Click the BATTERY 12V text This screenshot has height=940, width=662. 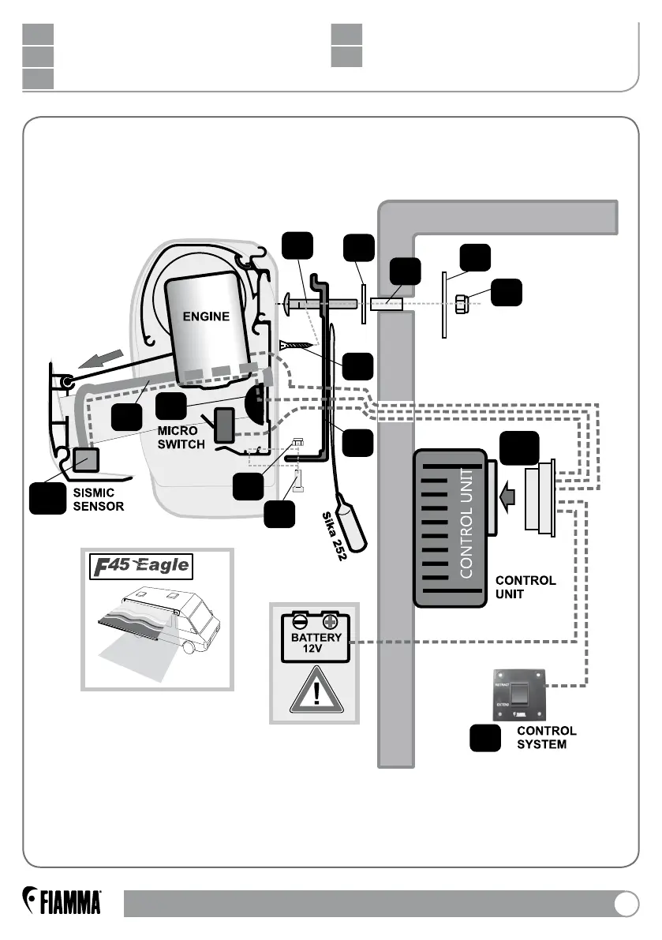coord(315,643)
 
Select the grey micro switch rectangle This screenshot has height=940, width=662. coord(224,425)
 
